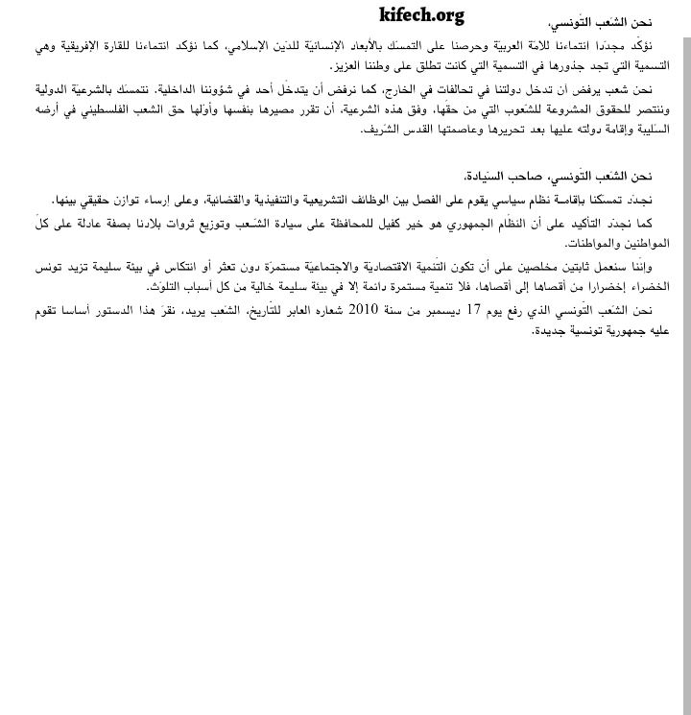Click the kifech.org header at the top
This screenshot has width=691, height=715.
(x=420, y=14)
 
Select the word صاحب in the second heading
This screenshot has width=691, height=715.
(x=519, y=177)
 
